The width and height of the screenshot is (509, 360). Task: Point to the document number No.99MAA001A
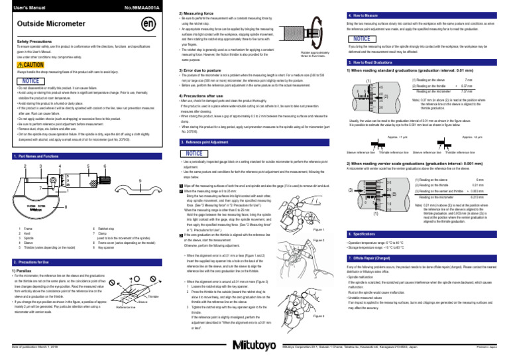[141, 5]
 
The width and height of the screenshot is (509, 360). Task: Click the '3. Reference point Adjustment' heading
[217, 142]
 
